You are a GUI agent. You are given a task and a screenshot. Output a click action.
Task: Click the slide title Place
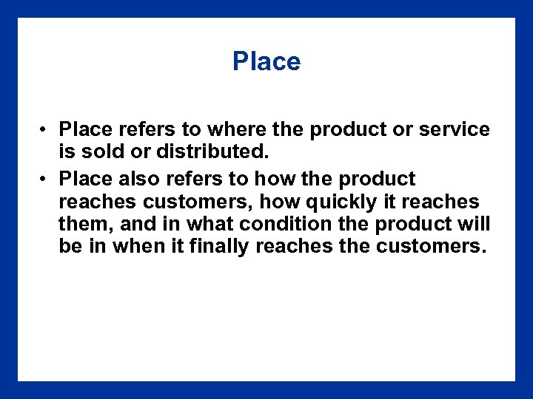(x=266, y=61)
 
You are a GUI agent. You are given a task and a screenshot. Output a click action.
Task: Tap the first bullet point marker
(x=45, y=130)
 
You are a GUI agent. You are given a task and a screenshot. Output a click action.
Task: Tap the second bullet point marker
(x=45, y=180)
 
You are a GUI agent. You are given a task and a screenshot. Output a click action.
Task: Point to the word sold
(x=103, y=152)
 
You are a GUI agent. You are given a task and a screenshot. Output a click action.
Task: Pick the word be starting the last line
(x=70, y=246)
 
